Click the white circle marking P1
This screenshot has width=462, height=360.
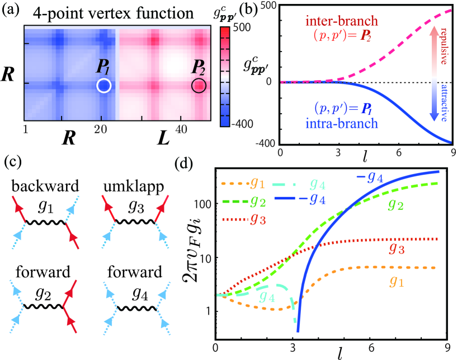(x=104, y=86)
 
